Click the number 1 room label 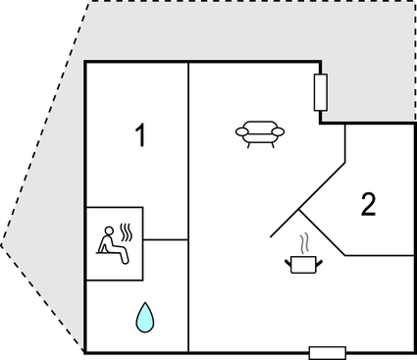(x=140, y=136)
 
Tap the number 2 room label (x=368, y=204)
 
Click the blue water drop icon (x=144, y=316)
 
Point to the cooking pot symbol (x=303, y=262)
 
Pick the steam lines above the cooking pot (x=305, y=241)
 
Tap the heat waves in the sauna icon (x=127, y=232)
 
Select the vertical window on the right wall (x=320, y=92)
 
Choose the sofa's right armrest (x=279, y=131)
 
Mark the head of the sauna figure (x=108, y=232)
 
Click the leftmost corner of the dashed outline (x=3, y=245)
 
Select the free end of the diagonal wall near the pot (x=271, y=238)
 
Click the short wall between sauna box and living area (x=165, y=239)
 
